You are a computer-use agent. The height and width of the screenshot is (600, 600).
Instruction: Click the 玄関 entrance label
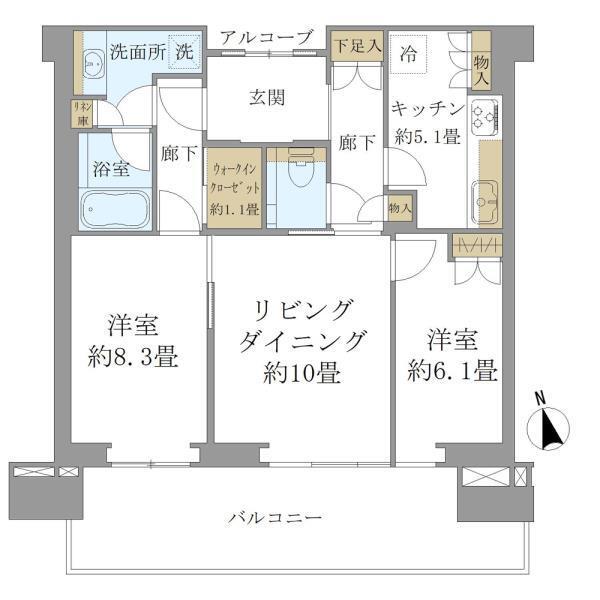(265, 98)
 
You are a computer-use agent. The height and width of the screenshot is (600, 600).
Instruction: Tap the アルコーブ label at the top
(266, 37)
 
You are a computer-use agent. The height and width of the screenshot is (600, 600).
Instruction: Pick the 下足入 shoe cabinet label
(356, 44)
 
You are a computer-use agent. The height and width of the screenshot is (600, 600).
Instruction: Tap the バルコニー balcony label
(275, 518)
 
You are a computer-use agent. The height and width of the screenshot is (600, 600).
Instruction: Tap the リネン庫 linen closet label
(79, 113)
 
